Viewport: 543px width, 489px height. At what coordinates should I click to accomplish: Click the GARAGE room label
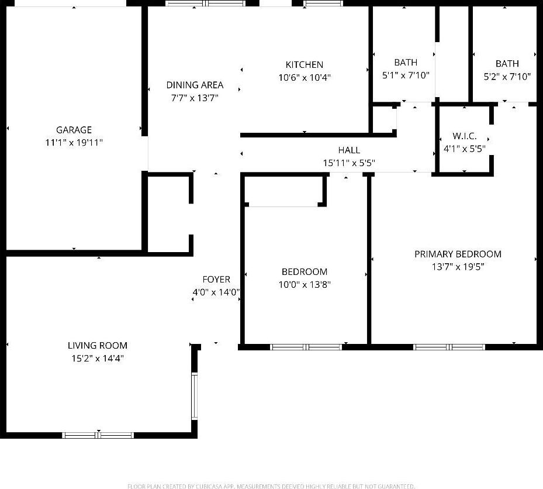pos(74,130)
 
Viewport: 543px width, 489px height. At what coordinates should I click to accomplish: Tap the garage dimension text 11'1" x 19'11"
pos(74,142)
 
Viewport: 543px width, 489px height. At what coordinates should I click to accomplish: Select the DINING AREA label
pos(195,85)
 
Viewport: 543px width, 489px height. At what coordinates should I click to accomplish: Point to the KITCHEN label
pos(304,65)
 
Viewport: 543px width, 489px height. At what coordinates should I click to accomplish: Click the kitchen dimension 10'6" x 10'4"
pos(305,77)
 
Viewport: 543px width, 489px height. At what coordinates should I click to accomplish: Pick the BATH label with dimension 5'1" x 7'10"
pos(406,63)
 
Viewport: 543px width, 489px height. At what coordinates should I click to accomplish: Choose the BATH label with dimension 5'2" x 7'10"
pos(507,64)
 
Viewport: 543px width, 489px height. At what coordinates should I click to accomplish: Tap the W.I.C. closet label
pos(465,136)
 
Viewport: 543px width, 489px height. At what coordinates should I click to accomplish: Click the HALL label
pos(349,150)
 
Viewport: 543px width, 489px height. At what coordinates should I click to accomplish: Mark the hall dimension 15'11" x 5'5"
pos(349,163)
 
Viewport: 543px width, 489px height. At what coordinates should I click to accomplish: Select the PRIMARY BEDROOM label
pos(458,254)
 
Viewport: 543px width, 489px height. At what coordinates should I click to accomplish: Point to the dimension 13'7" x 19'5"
pos(458,267)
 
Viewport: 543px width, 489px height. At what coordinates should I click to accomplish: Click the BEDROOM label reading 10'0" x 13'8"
pos(305,272)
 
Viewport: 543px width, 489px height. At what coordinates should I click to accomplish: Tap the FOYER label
pos(216,280)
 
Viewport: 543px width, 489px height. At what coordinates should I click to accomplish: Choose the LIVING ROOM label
pos(98,345)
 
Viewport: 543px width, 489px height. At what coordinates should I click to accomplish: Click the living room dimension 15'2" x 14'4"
pos(98,358)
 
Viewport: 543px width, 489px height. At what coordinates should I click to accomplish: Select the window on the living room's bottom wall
pos(98,435)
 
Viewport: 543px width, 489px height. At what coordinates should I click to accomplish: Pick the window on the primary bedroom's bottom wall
pos(449,347)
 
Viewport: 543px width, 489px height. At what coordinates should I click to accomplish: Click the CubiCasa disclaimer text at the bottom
pos(271,486)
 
